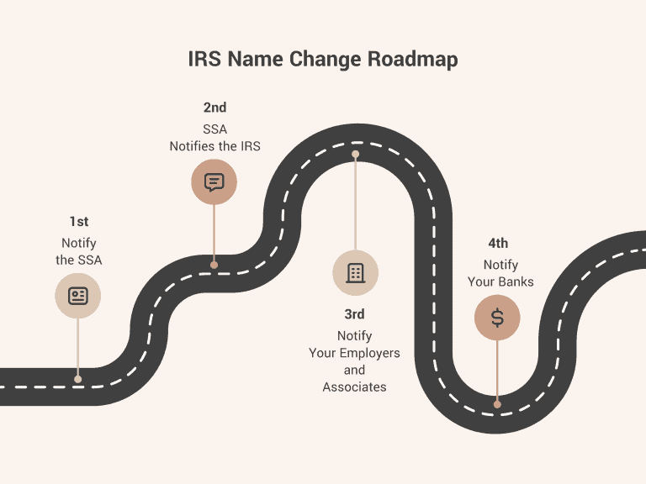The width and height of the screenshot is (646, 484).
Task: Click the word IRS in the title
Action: (x=205, y=60)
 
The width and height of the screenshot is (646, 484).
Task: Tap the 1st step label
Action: (x=79, y=222)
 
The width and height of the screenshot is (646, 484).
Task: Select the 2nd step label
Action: (x=214, y=108)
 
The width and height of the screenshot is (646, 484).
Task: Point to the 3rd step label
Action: (x=354, y=314)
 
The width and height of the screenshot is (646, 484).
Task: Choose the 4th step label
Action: (x=498, y=244)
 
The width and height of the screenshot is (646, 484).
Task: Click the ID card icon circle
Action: (x=78, y=296)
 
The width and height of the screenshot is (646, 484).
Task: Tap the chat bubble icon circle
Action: (x=214, y=181)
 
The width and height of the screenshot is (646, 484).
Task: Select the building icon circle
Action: (x=355, y=272)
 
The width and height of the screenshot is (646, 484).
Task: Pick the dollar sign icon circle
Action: (x=497, y=318)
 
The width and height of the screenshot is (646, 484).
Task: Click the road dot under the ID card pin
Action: (x=78, y=379)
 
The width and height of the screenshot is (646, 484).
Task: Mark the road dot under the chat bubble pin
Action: (x=214, y=265)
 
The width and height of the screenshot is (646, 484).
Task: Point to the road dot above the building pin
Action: (x=356, y=155)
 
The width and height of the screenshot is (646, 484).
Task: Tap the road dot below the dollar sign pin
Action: (x=497, y=404)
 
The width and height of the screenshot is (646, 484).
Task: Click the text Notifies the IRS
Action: (x=215, y=146)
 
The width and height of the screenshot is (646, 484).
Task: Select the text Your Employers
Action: (x=354, y=353)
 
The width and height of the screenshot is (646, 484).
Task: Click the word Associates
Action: (x=354, y=387)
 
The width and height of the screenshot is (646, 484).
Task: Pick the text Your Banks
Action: (x=500, y=282)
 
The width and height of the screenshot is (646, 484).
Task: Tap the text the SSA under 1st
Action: (x=79, y=260)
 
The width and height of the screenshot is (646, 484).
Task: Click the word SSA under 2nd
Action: (x=215, y=129)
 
